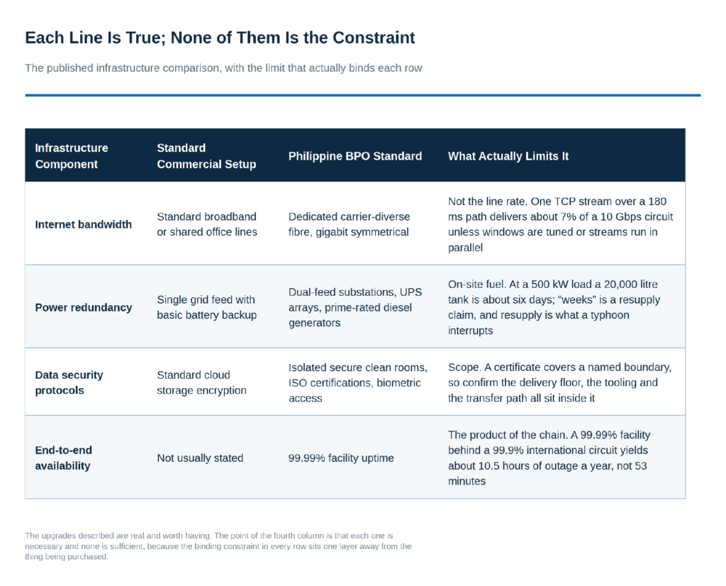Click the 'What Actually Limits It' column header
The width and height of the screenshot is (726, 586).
[508, 156]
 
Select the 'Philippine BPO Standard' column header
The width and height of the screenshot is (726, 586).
[355, 156]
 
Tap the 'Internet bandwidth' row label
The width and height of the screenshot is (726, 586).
[84, 225]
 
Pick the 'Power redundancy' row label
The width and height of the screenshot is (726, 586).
[84, 308]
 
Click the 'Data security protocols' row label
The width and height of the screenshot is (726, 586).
[69, 382]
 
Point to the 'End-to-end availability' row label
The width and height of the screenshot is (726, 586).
[63, 458]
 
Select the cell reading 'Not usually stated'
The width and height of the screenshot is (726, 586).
[200, 458]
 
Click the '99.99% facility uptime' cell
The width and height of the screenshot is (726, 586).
[341, 458]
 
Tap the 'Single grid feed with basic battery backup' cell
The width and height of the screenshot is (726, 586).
[206, 307]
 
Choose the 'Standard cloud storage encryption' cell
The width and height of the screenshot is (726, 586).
[201, 382]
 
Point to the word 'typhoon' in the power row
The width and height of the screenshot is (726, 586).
[610, 316]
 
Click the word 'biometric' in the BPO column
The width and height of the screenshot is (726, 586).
[398, 383]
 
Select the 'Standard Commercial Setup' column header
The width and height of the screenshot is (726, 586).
[206, 156]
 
